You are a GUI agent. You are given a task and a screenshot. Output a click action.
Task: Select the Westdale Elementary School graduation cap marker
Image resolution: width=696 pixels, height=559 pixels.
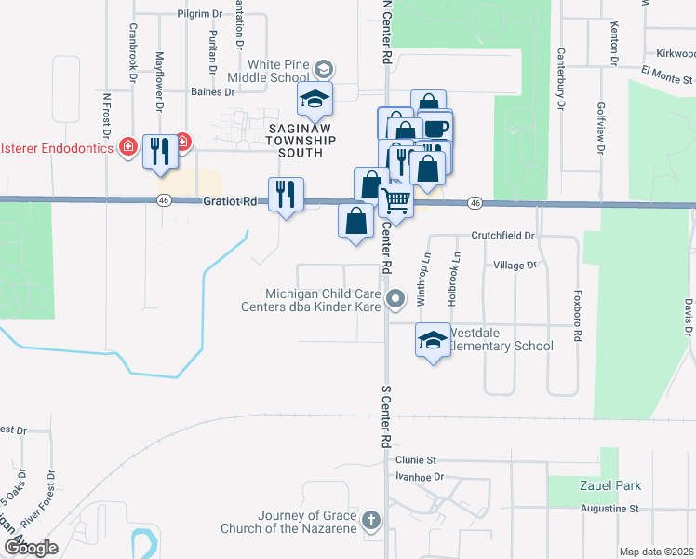(x=432, y=343)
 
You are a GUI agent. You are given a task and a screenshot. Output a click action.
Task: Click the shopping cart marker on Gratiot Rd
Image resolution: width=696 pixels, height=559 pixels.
(x=396, y=201)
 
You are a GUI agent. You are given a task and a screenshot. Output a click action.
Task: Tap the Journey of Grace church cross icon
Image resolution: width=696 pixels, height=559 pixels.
(x=371, y=521)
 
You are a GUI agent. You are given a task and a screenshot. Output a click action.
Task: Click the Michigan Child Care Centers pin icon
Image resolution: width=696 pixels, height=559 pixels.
(x=396, y=299)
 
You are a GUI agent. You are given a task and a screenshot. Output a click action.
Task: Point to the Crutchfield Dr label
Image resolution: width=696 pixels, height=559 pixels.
(x=502, y=236)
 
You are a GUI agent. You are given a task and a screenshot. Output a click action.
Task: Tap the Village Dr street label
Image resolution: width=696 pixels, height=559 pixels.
(x=515, y=266)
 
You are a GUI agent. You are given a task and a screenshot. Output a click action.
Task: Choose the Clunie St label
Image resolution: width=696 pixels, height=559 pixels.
(x=415, y=460)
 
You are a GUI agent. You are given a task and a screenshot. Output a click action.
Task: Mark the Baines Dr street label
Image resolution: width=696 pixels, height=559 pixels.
(x=212, y=92)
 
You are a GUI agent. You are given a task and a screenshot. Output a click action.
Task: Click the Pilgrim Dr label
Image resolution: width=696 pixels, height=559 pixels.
(x=198, y=15)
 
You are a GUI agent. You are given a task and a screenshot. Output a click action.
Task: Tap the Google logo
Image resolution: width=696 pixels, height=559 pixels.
(x=30, y=549)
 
